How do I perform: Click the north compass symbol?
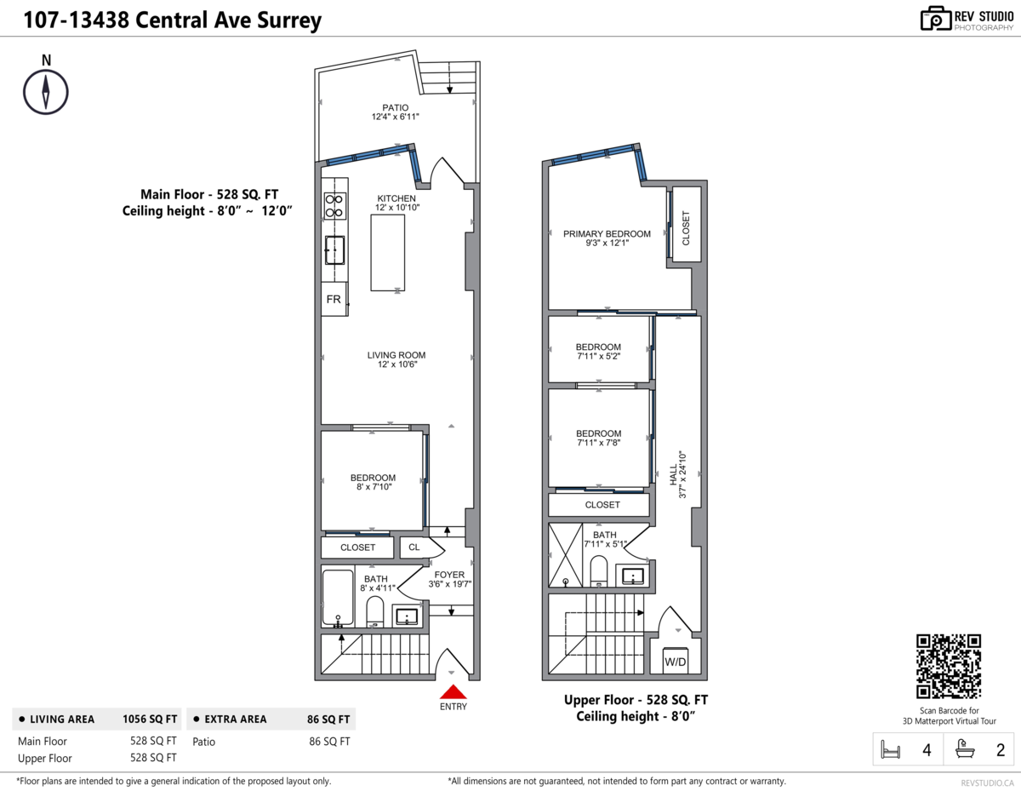[46, 89]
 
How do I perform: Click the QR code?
[949, 667]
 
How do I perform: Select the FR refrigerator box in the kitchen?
[334, 300]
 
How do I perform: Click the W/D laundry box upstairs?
[676, 662]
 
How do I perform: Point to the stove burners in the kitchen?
[334, 204]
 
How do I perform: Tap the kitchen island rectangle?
[387, 252]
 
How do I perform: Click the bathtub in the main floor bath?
[339, 598]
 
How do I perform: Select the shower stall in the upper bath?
[566, 555]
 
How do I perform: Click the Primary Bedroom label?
[607, 234]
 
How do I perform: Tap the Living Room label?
[396, 355]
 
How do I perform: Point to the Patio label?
[395, 107]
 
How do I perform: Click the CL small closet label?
[414, 547]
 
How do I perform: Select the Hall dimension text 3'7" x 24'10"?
[682, 474]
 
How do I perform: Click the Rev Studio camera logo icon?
[936, 19]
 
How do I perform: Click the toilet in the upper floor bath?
[599, 572]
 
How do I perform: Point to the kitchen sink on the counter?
[334, 250]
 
